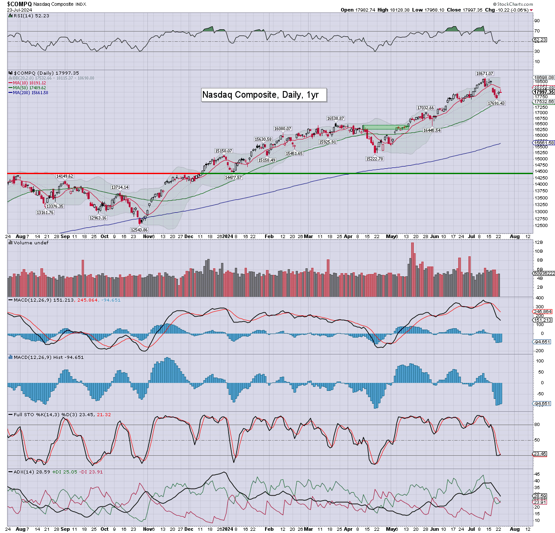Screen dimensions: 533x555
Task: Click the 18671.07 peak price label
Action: point(484,73)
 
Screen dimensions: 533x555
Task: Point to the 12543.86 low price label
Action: point(139,230)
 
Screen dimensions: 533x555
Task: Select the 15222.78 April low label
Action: point(374,159)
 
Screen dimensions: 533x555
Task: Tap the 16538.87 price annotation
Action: point(335,119)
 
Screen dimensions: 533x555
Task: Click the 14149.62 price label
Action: point(64,176)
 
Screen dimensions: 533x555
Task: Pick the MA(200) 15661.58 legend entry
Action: point(30,92)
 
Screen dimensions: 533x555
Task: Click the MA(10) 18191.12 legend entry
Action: point(29,83)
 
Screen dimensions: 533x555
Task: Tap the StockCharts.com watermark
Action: point(515,4)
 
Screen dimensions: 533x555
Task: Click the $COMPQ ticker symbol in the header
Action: point(19,4)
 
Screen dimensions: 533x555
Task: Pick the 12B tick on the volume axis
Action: point(539,243)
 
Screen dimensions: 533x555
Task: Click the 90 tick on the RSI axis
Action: point(537,20)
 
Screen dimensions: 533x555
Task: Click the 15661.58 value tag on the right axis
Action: point(544,143)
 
